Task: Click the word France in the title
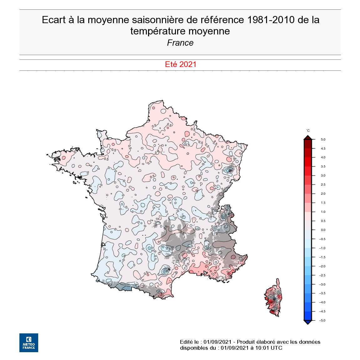point(180,43)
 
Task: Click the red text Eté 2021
point(181,64)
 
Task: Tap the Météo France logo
point(29,343)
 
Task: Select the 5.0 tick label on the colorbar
point(323,140)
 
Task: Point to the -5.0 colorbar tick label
point(322,321)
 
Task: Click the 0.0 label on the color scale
point(323,230)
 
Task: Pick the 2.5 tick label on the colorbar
point(323,185)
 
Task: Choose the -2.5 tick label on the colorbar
point(322,275)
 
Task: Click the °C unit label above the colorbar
point(308,131)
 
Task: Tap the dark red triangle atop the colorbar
point(308,137)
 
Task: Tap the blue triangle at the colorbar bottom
point(308,322)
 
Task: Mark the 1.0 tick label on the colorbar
point(323,212)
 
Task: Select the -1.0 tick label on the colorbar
point(322,248)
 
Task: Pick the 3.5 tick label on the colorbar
point(323,167)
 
